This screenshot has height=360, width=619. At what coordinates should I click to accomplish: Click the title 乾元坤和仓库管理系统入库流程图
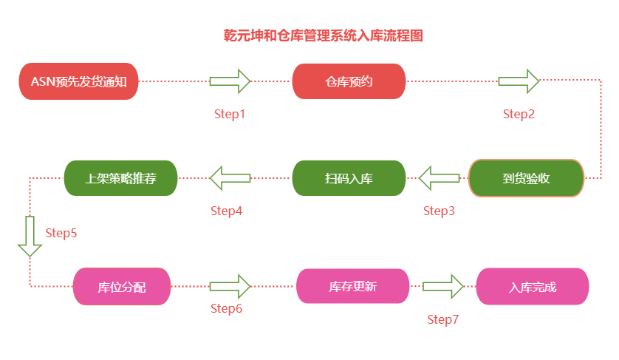pyautogui.click(x=324, y=35)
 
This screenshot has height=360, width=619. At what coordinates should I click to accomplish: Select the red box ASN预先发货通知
pyautogui.click(x=78, y=81)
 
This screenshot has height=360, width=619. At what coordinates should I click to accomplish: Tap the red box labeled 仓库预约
pyautogui.click(x=349, y=81)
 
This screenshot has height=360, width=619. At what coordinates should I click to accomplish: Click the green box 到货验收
pyautogui.click(x=526, y=178)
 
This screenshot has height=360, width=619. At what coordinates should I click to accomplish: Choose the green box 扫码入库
pyautogui.click(x=349, y=178)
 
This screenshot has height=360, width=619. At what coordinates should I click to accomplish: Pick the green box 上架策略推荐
pyautogui.click(x=121, y=178)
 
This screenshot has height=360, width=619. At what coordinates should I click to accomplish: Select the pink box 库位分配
pyautogui.click(x=122, y=287)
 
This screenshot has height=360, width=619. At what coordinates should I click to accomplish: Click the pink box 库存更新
pyautogui.click(x=352, y=286)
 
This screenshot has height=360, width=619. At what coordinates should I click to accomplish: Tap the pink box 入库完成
pyautogui.click(x=533, y=287)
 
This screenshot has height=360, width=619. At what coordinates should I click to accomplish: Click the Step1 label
pyautogui.click(x=229, y=114)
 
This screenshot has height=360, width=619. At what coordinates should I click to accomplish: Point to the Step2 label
pyautogui.click(x=519, y=114)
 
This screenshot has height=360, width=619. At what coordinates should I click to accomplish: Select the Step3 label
pyautogui.click(x=439, y=211)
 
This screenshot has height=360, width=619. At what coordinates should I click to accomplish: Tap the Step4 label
pyautogui.click(x=226, y=211)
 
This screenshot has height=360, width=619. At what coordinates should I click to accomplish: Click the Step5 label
pyautogui.click(x=61, y=233)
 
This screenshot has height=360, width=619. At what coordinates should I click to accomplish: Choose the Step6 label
pyautogui.click(x=226, y=308)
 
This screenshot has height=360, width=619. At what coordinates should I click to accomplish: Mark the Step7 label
pyautogui.click(x=443, y=319)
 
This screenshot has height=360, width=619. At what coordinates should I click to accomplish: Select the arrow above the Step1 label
pyautogui.click(x=230, y=81)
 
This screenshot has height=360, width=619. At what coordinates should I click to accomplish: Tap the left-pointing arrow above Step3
pyautogui.click(x=440, y=178)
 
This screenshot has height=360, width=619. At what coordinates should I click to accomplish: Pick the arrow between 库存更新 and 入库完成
pyautogui.click(x=442, y=285)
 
